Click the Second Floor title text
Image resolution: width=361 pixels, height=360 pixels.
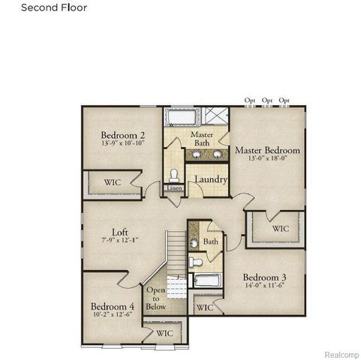point(53,8)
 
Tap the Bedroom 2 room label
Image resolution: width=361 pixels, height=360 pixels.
point(123,136)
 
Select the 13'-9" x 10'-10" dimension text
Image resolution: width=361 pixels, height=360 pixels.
point(123,145)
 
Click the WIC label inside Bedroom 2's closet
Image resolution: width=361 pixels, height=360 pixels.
point(111,181)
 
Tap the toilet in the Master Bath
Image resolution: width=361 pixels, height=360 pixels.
point(173,175)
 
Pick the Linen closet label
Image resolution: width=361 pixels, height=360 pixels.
point(173,188)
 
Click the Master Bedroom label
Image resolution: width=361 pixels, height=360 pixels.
point(267,150)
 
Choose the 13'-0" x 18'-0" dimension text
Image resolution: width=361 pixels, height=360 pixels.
point(267,159)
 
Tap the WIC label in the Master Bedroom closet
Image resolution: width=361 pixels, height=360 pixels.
point(279,228)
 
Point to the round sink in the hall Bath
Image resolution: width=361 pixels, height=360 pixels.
point(194,243)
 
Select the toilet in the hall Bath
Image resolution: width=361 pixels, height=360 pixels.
point(196,262)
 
